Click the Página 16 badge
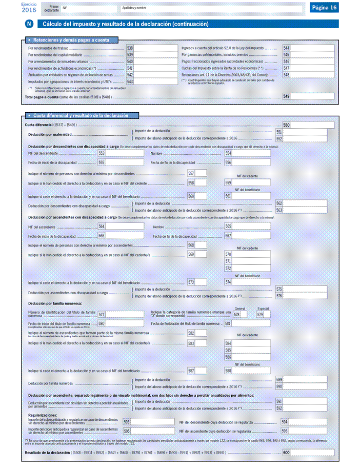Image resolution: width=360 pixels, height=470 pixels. [325, 8]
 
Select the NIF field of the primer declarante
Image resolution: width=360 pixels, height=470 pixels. [88, 9]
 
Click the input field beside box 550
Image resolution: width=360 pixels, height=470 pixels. [312, 125]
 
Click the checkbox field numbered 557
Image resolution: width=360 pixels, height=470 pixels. [201, 173]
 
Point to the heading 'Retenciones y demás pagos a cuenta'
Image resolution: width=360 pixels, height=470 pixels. [73, 39]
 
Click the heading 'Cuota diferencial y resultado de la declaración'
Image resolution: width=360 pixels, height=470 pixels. [81, 116]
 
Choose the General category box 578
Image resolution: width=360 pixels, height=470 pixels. [244, 314]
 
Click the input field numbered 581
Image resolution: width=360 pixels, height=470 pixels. [251, 323]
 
